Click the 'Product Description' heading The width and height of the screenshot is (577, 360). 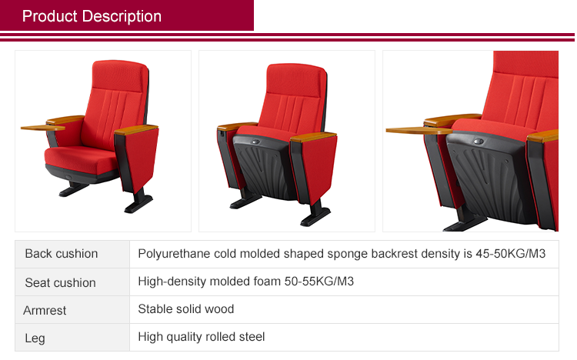tap(92, 16)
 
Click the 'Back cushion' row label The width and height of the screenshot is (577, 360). tap(62, 254)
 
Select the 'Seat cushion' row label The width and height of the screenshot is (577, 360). tap(60, 282)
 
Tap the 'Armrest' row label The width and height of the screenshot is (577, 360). tap(45, 310)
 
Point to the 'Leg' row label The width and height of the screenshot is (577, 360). tap(35, 337)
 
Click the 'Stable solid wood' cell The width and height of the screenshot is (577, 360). tap(185, 309)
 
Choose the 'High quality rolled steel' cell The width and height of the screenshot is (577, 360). tap(201, 337)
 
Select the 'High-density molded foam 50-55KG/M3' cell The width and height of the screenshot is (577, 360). tap(245, 282)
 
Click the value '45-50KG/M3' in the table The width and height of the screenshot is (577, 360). tap(512, 254)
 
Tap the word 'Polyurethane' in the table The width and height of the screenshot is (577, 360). tap(172, 254)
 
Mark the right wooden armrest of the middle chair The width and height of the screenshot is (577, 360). tap(315, 137)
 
